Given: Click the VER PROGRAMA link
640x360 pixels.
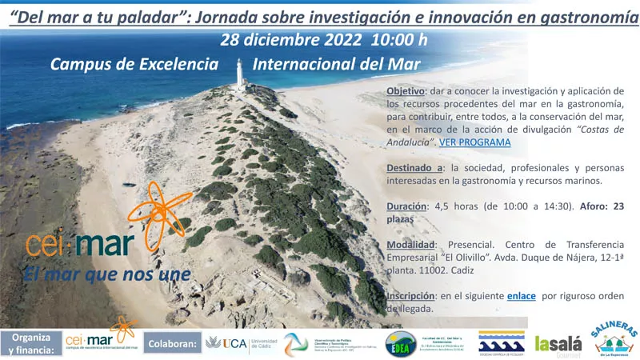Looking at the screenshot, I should tap(474, 142).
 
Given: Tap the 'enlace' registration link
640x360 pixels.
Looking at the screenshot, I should tap(522, 296).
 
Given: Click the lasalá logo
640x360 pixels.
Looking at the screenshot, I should tap(558, 343).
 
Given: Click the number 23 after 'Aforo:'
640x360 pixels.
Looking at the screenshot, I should tap(618, 206).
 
